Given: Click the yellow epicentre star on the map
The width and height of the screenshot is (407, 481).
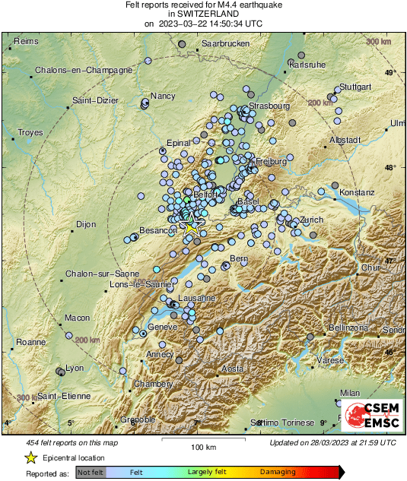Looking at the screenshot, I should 191,226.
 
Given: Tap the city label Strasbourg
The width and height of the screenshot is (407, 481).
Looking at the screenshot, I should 270,105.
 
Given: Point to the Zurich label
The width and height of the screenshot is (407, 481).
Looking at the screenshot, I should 312,220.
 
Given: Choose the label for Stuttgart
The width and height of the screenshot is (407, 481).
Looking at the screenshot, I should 355,87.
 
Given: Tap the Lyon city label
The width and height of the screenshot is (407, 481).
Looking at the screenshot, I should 75,368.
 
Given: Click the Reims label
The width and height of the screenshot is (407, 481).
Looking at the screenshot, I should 26,40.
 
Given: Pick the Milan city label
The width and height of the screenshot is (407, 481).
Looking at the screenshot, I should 350,393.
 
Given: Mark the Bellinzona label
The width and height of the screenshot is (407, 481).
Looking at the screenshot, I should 348,328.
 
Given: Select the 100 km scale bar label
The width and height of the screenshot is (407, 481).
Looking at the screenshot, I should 203,447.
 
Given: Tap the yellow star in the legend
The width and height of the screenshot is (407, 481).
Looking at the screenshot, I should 30,457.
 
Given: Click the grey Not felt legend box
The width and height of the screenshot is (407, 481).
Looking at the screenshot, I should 91,473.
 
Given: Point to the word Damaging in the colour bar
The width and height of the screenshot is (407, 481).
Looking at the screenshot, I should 278,473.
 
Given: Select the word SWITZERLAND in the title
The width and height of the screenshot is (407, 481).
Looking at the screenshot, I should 203,14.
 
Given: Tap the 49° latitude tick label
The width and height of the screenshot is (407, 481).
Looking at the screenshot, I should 390,73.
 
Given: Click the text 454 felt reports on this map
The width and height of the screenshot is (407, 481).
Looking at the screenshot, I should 73,442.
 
